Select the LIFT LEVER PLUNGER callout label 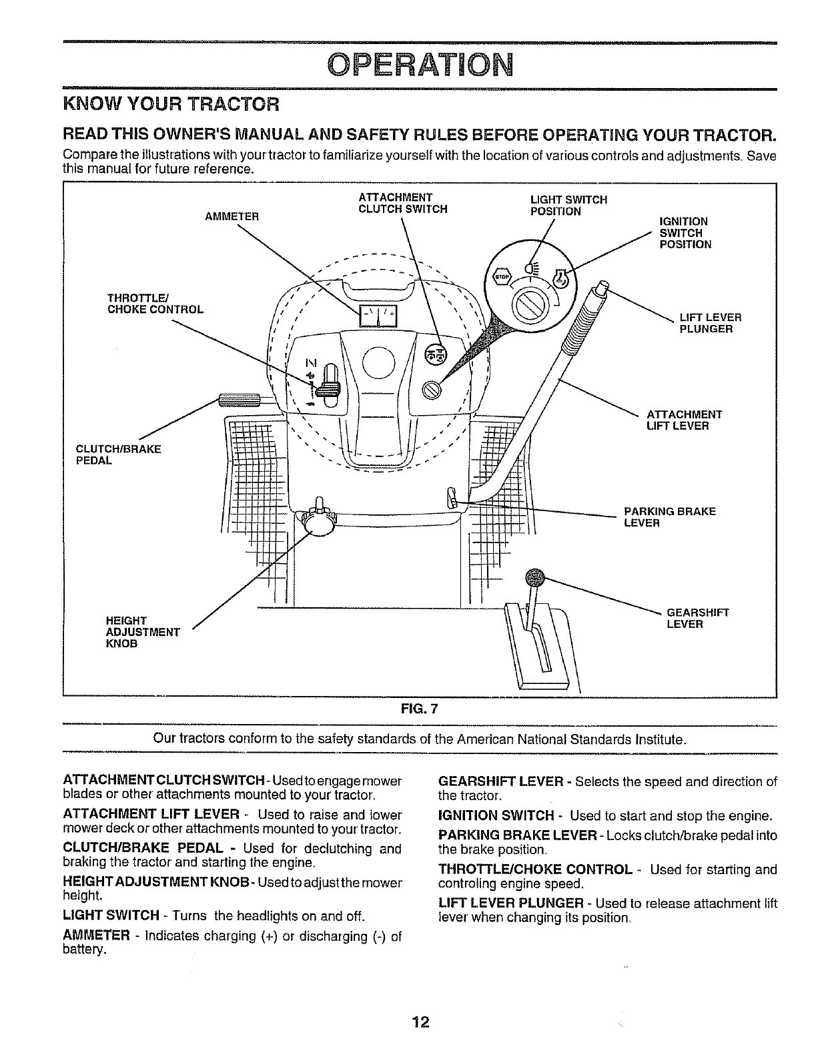[x=710, y=323]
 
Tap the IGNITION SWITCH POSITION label [x=685, y=232]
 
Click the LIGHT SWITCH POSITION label [x=568, y=206]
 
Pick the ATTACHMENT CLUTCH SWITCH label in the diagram [x=402, y=203]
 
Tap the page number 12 [x=420, y=1022]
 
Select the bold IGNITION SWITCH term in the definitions [x=495, y=815]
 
